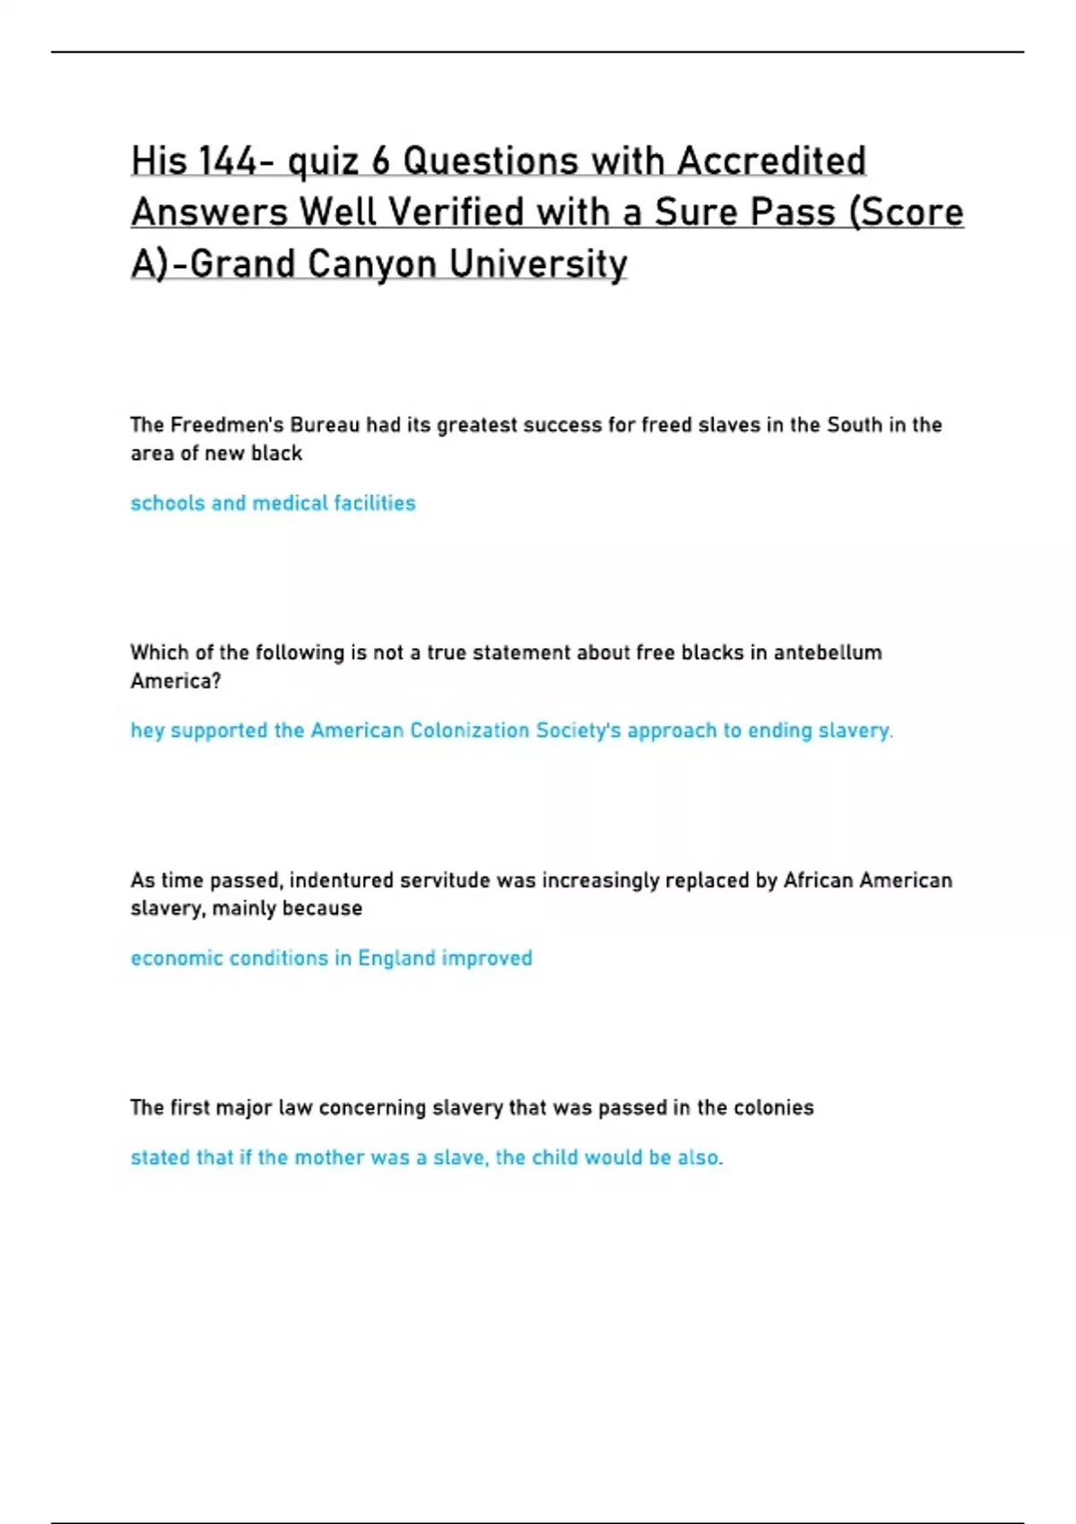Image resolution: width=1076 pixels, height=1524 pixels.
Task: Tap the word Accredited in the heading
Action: pos(771,161)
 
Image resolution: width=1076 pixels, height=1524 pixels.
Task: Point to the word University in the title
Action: pos(538,264)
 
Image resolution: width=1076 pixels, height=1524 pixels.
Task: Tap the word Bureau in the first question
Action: pos(324,425)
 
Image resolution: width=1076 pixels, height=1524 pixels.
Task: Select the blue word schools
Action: pos(168,503)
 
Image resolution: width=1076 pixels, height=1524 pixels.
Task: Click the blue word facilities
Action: pos(374,503)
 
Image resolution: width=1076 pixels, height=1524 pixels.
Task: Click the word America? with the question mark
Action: pos(175,681)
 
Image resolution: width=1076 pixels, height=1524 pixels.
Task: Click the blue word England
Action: pos(396,958)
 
